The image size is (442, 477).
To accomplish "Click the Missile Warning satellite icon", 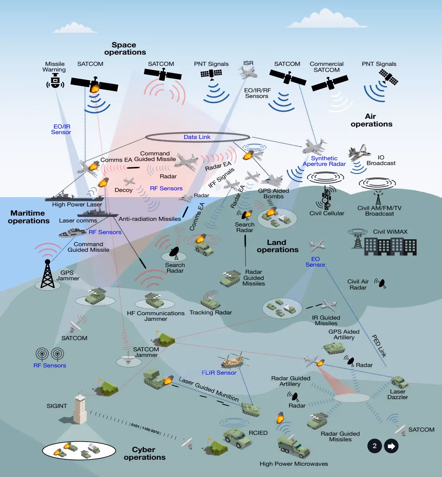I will click(x=55, y=82).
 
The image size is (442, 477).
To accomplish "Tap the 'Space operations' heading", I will click(x=125, y=49).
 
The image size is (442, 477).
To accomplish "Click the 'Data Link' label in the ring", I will click(x=197, y=137).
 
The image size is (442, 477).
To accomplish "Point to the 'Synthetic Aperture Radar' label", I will click(x=324, y=161).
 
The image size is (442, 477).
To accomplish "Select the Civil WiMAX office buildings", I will click(x=390, y=246).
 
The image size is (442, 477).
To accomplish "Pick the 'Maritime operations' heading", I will click(x=29, y=217).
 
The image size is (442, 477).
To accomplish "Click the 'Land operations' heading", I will click(x=277, y=246).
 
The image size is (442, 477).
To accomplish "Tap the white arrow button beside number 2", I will click(x=391, y=446).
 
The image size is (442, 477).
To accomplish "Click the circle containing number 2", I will click(x=374, y=446).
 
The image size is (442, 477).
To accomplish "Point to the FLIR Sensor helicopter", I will click(x=232, y=360).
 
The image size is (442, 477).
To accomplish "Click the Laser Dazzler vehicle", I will click(x=399, y=381).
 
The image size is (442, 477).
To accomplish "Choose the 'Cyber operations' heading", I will click(x=144, y=453).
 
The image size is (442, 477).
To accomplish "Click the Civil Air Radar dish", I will click(x=381, y=283).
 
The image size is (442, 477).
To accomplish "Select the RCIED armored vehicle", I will click(x=237, y=437).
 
